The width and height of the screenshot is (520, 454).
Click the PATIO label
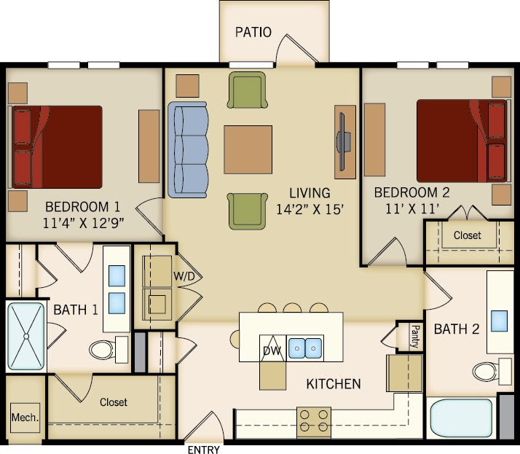(253, 32)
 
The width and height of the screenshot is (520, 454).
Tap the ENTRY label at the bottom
(203, 450)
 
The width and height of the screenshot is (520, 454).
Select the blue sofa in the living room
(188, 149)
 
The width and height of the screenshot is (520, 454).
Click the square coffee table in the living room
(248, 149)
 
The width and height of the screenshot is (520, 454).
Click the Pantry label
(414, 336)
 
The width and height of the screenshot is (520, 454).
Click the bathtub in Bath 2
(460, 417)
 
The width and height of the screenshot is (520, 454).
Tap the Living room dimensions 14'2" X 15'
(310, 208)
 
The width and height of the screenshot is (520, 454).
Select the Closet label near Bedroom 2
(467, 235)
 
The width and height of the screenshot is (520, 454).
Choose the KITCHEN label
(333, 383)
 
